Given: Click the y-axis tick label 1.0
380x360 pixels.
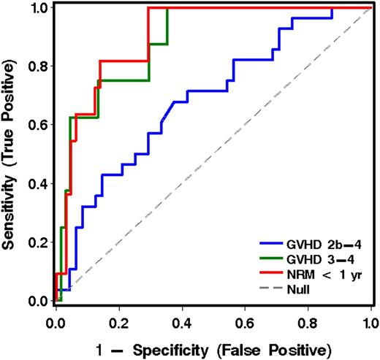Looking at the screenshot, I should click(37, 9).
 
